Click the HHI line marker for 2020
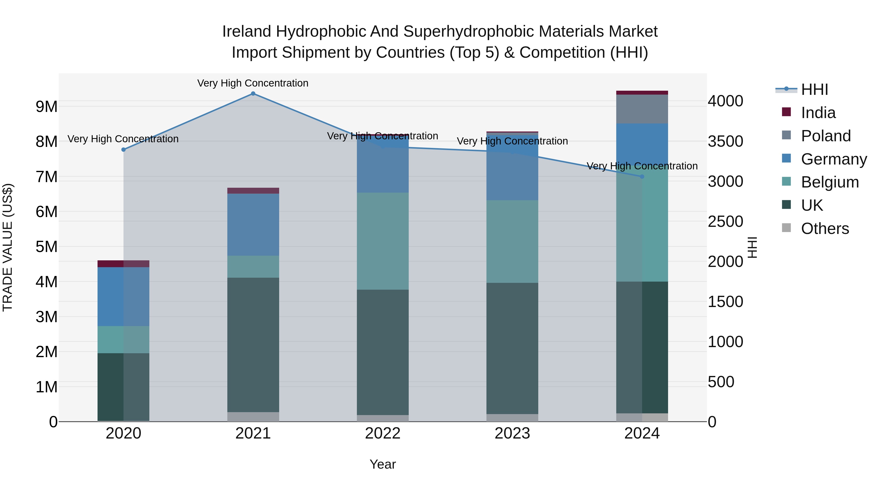[124, 150]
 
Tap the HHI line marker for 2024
[642, 177]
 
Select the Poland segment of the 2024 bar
[642, 109]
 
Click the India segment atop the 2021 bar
[253, 191]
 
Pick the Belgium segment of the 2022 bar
[383, 241]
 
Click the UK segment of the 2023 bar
[512, 348]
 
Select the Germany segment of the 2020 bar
[123, 297]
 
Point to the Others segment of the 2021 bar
[253, 417]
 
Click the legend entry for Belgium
[829, 182]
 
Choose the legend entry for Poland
[825, 136]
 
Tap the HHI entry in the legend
[814, 89]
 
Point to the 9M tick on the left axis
[46, 107]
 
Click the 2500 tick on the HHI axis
[725, 221]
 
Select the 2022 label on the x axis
[383, 433]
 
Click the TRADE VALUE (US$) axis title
[8, 247]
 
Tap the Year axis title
[383, 464]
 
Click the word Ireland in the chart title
[247, 32]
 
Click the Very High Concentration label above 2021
[253, 83]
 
